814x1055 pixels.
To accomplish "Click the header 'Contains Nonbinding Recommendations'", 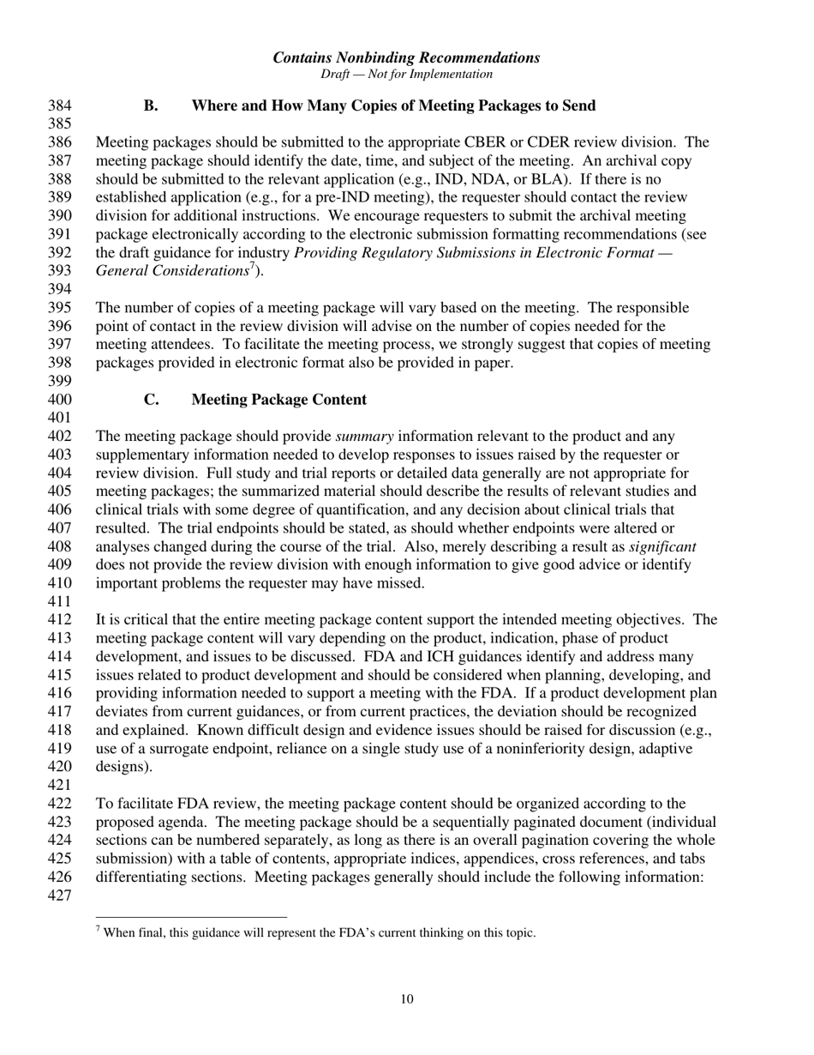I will coord(406,57).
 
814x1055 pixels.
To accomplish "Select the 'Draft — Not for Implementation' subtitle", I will coord(406,74).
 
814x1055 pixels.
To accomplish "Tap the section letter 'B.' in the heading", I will coord(151,106).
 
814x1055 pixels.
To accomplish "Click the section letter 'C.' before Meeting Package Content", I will coord(151,400).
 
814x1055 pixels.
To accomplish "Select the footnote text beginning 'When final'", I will coord(317,932).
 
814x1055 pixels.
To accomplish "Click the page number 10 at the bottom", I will coord(406,998).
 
